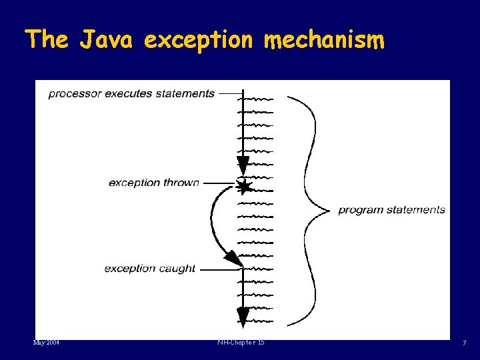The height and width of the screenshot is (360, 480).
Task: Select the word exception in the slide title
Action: [199, 41]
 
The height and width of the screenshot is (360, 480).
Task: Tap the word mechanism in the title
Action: [324, 41]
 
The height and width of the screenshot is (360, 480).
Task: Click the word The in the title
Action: [47, 40]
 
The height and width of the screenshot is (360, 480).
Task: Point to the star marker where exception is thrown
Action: [243, 186]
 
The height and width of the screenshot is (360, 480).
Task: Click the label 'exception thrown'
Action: [153, 183]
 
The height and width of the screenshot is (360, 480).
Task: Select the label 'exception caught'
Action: [150, 269]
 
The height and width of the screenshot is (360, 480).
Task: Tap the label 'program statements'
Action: [391, 210]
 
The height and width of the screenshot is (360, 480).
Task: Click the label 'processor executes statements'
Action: [131, 93]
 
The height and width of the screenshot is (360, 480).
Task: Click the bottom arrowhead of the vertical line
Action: [243, 317]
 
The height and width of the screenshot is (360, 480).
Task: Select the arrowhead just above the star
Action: [243, 165]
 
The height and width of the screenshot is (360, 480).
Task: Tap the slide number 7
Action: [465, 343]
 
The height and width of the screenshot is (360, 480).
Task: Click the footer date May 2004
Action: [46, 343]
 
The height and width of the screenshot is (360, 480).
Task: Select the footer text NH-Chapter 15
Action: [241, 343]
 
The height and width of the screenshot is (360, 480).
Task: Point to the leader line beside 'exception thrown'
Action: [219, 183]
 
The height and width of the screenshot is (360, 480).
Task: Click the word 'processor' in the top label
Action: [73, 93]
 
